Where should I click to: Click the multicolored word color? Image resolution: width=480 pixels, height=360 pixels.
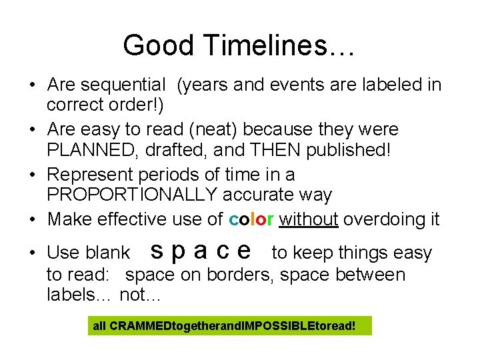(x=251, y=219)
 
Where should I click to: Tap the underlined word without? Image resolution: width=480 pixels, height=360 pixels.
(x=309, y=219)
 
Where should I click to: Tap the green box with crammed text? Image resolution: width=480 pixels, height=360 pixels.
(x=229, y=326)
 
